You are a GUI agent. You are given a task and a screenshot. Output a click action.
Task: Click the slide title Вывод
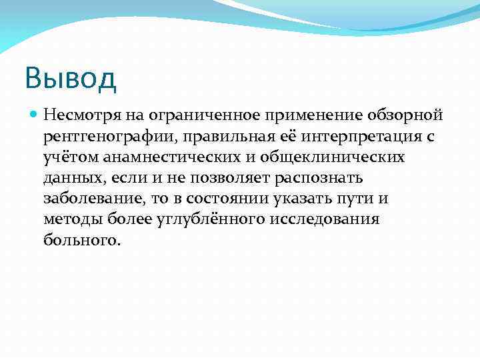[x=71, y=78]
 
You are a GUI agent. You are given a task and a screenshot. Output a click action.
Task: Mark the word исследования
[x=324, y=219]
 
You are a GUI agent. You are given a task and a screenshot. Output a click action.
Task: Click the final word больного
[x=82, y=239]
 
